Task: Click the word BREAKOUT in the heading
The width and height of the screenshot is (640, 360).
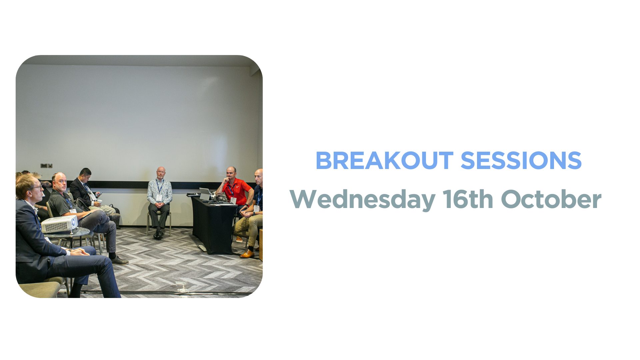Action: pos(384,160)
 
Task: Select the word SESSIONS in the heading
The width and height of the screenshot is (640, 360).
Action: pos(521,160)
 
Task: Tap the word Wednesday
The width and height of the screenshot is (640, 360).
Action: pos(363,199)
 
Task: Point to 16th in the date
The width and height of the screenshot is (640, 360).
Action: pos(468,199)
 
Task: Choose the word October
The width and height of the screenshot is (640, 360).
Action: pos(551,199)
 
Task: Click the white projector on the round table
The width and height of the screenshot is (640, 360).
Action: pos(59,224)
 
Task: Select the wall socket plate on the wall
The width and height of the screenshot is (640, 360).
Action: pos(46,165)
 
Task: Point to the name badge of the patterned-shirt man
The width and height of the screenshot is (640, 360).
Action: pos(159,198)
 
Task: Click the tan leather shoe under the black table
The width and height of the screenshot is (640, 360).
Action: pos(247,254)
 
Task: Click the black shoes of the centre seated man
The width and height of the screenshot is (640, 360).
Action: pos(158,234)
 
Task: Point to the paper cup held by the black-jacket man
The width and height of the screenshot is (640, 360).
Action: pos(99,202)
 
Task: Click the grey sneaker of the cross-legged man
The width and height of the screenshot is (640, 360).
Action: pos(120,260)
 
